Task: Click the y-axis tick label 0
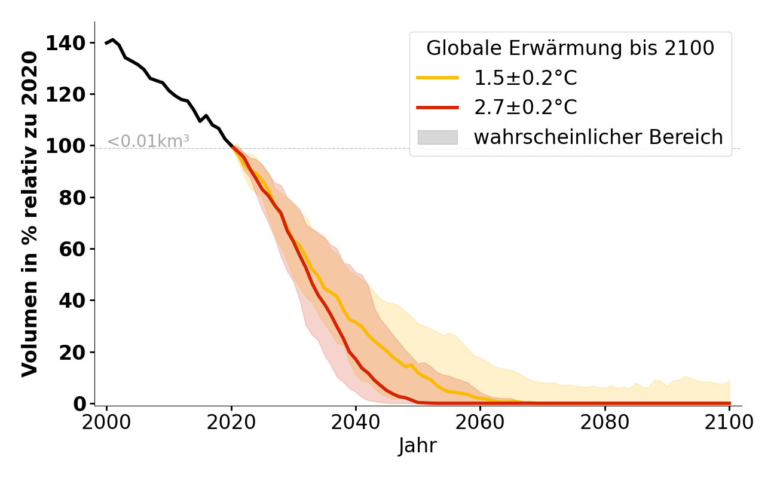(80, 404)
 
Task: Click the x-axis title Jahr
(418, 446)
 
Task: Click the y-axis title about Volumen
(30, 214)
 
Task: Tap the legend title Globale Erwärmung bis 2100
(570, 48)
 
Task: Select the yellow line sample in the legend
(438, 78)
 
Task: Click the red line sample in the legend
(438, 108)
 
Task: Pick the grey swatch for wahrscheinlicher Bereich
(438, 137)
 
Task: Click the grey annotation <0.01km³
(148, 142)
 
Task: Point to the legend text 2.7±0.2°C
(525, 108)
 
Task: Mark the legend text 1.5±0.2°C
(525, 78)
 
